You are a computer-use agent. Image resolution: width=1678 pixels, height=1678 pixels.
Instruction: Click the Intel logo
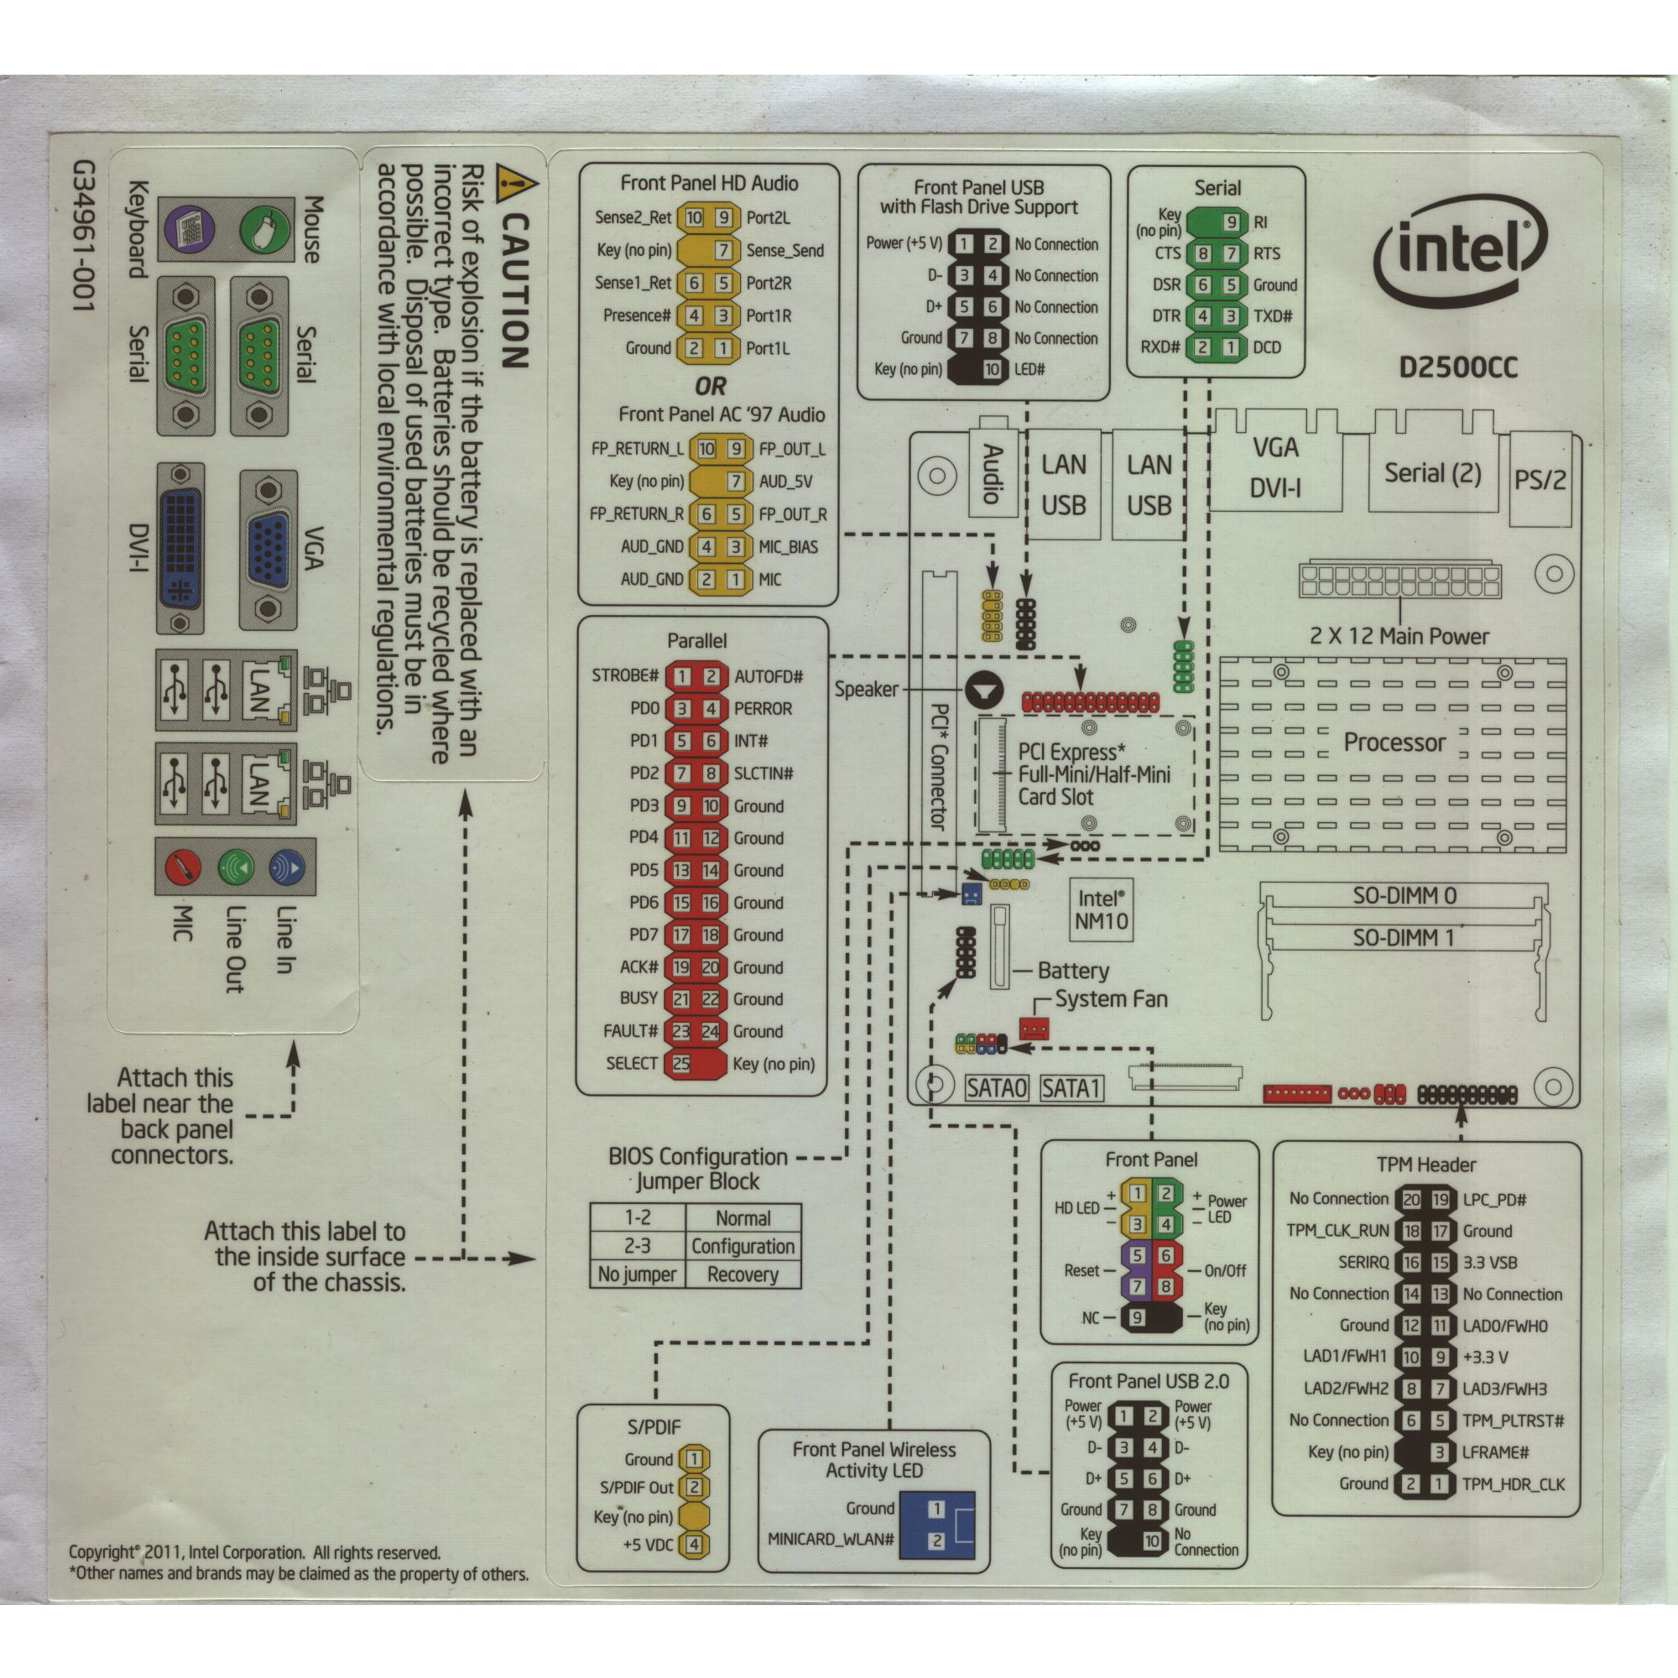(1459, 252)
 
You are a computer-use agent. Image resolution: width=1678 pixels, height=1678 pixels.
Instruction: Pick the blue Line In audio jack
(287, 867)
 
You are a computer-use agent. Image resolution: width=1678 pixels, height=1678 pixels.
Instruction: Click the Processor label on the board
(1394, 743)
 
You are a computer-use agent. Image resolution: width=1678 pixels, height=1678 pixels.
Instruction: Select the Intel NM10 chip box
(1102, 910)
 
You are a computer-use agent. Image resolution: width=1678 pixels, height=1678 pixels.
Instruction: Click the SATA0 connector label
(997, 1088)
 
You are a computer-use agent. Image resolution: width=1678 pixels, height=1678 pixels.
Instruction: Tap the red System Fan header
(1033, 1029)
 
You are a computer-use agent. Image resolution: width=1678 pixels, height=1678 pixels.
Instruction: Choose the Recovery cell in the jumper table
(743, 1275)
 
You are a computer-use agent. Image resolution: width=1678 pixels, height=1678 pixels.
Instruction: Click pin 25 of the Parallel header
(682, 1064)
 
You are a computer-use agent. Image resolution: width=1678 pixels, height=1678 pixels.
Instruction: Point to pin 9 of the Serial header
(1230, 221)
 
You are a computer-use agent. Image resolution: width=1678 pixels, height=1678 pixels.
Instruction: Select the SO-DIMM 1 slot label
(1403, 938)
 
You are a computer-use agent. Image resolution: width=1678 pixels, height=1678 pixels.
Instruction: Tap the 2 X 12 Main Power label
(1399, 636)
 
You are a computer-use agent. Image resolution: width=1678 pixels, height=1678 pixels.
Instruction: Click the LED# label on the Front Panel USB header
(1029, 369)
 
